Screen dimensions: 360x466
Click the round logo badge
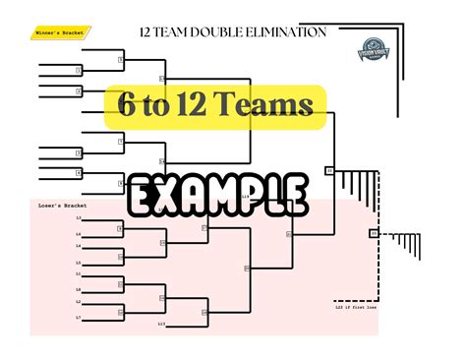click(374, 47)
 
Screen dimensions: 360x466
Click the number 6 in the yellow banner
click(127, 104)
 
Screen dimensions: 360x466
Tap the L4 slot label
click(79, 247)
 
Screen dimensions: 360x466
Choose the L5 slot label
click(79, 263)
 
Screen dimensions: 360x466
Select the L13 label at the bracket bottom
click(162, 323)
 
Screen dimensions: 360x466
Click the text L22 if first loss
click(357, 307)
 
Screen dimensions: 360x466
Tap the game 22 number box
click(329, 171)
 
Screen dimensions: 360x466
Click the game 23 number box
click(374, 234)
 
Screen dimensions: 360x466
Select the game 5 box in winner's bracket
click(121, 59)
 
